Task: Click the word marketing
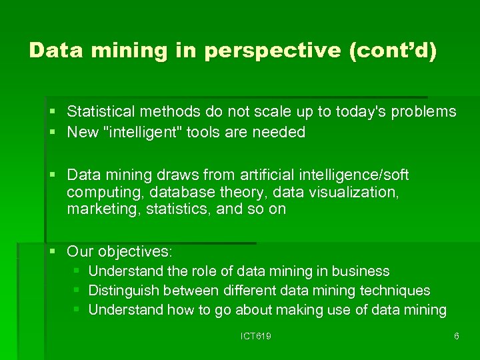point(97,209)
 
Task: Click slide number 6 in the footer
point(456,337)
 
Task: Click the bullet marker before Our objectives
point(52,251)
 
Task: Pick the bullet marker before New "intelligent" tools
point(52,132)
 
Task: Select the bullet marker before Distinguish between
point(76,291)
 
